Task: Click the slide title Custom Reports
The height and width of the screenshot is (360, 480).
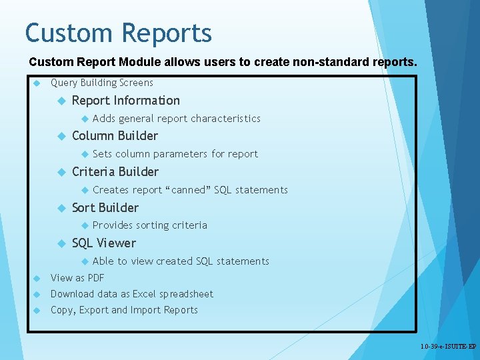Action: [x=118, y=33]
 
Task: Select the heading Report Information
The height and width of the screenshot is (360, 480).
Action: [x=125, y=101]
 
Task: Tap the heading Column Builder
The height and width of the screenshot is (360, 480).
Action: [x=115, y=136]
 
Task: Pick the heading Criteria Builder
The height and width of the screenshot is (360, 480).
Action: [x=115, y=172]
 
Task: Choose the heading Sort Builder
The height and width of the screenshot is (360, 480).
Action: [x=105, y=208]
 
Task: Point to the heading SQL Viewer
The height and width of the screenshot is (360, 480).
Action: [x=103, y=243]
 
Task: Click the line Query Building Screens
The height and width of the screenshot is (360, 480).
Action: [x=101, y=83]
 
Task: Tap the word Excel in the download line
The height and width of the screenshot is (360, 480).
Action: [x=144, y=294]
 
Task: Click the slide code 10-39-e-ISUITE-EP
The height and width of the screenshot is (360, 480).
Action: [x=448, y=347]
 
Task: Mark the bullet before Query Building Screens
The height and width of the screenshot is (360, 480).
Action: [x=37, y=83]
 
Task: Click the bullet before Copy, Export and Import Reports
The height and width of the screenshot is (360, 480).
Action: [x=37, y=310]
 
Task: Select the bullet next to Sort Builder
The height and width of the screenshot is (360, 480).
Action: [x=59, y=208]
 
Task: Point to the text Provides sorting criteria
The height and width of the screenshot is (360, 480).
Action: [x=149, y=225]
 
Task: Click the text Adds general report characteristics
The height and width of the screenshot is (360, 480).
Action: [x=176, y=119]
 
